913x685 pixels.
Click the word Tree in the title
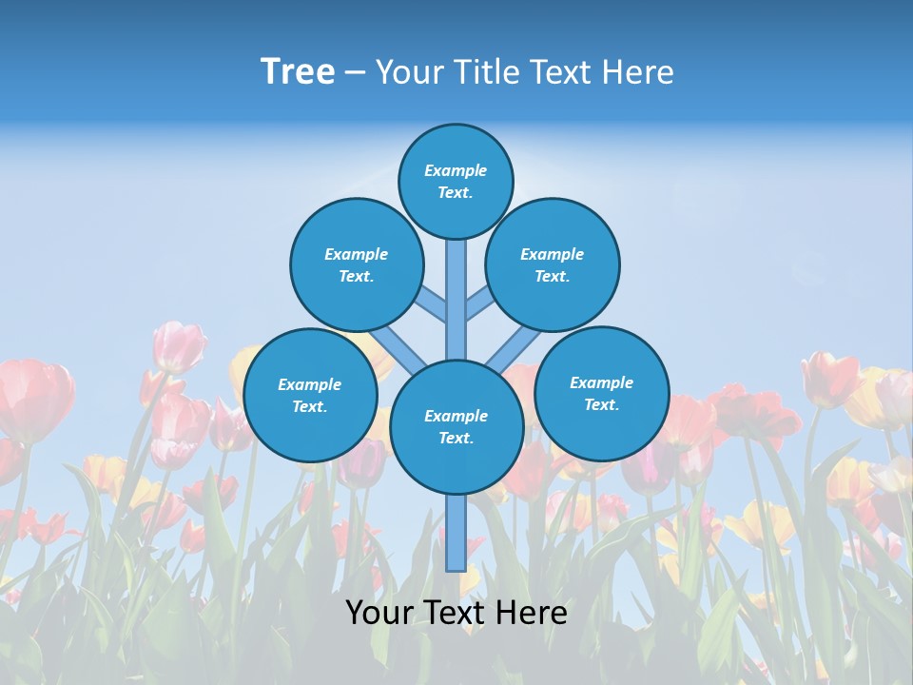pyautogui.click(x=298, y=71)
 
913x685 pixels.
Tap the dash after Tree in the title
pyautogui.click(x=355, y=73)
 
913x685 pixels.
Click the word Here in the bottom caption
pyautogui.click(x=530, y=613)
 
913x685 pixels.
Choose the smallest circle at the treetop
pyautogui.click(x=456, y=181)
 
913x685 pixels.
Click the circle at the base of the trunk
pyautogui.click(x=456, y=427)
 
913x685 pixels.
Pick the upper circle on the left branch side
pyautogui.click(x=356, y=264)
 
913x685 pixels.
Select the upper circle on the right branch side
pyautogui.click(x=553, y=264)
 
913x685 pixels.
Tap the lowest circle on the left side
pyautogui.click(x=310, y=395)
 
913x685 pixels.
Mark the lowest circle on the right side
pyautogui.click(x=601, y=393)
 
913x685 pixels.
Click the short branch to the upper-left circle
pyautogui.click(x=433, y=303)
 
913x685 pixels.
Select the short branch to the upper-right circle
pyautogui.click(x=479, y=303)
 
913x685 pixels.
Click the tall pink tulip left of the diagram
pyautogui.click(x=179, y=346)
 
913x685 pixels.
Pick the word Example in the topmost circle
pyautogui.click(x=456, y=170)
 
